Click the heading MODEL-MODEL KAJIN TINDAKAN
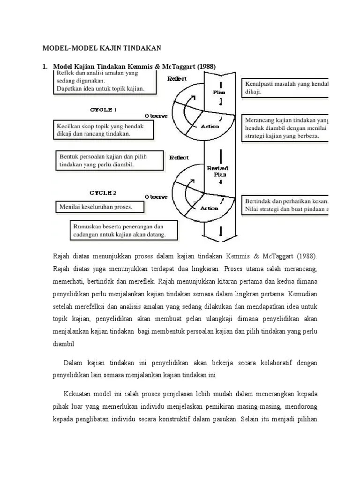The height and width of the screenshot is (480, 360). pyautogui.click(x=102, y=48)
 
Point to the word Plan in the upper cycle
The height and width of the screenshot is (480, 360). pyautogui.click(x=219, y=92)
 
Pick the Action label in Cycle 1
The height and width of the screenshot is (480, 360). pyautogui.click(x=210, y=127)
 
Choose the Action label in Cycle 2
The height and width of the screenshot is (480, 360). pyautogui.click(x=210, y=209)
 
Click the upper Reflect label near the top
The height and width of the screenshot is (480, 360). pyautogui.click(x=179, y=79)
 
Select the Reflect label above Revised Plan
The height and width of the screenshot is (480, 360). pyautogui.click(x=179, y=157)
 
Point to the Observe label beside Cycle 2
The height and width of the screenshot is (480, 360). pyautogui.click(x=156, y=197)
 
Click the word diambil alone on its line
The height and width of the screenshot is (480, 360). pyautogui.click(x=64, y=343)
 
